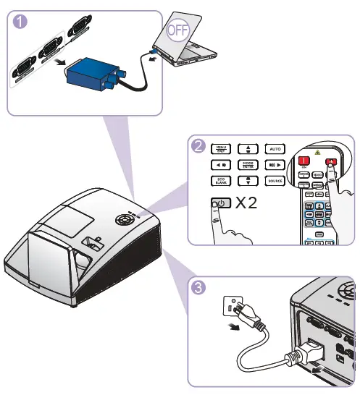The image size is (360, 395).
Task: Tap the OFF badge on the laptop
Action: click(175, 30)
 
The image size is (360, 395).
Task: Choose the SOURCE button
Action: click(275, 181)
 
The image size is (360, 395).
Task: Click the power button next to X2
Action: click(222, 204)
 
